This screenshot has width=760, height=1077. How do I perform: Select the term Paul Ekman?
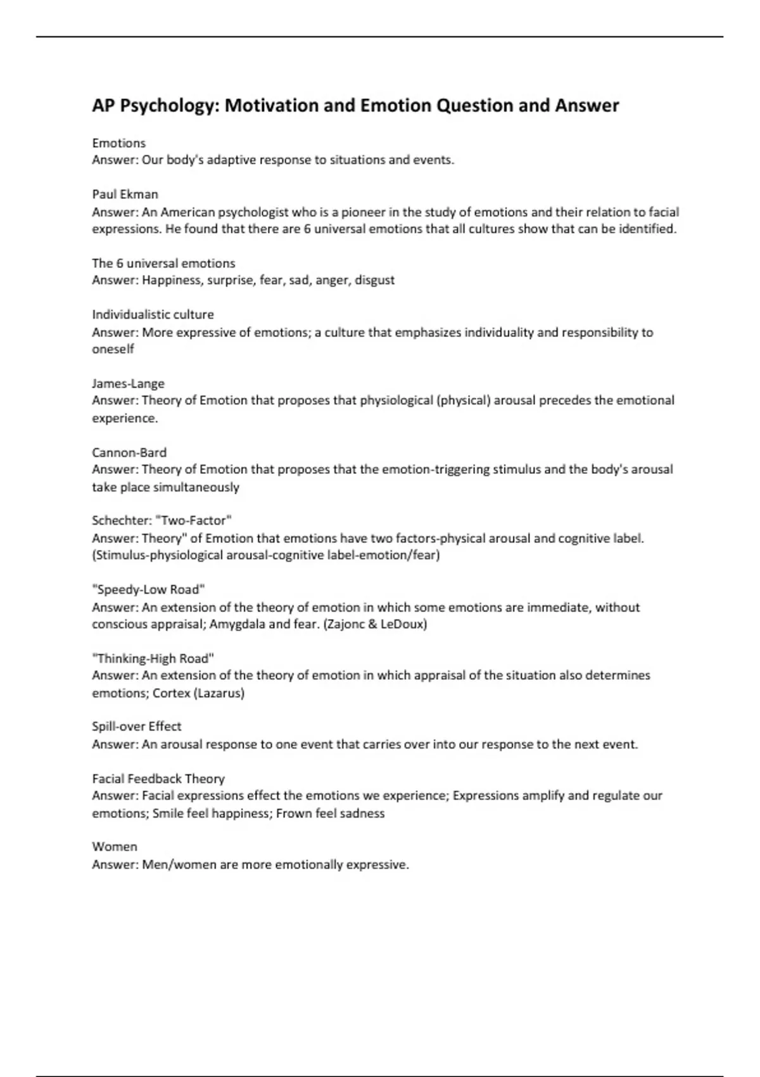[x=125, y=194]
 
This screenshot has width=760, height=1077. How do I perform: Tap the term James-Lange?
[x=128, y=383]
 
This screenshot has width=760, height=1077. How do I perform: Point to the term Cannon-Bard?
[x=129, y=452]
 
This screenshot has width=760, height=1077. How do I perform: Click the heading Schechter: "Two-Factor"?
[x=161, y=521]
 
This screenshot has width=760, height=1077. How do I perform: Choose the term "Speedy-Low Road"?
[x=148, y=590]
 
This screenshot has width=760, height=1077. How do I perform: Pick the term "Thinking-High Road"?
[x=153, y=658]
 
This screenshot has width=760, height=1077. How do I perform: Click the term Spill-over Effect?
[x=136, y=727]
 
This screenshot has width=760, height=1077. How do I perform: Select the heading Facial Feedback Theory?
[x=158, y=779]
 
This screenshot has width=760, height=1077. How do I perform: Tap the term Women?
[x=114, y=847]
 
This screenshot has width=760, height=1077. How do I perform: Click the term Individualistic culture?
[x=153, y=315]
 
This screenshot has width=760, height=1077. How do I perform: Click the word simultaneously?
[x=196, y=487]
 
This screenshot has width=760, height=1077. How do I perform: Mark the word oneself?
[x=113, y=349]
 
